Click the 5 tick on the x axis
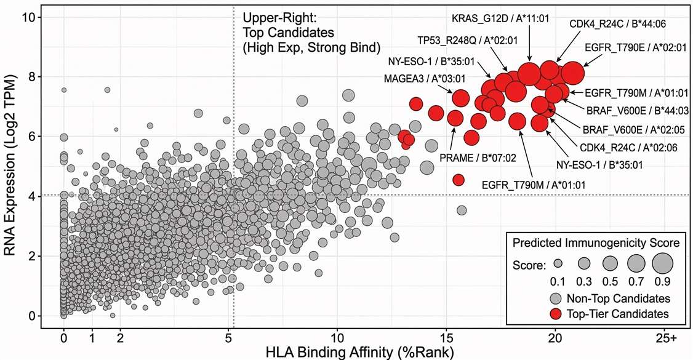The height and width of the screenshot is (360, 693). tap(228, 338)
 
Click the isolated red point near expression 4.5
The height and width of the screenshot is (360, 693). tap(458, 180)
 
